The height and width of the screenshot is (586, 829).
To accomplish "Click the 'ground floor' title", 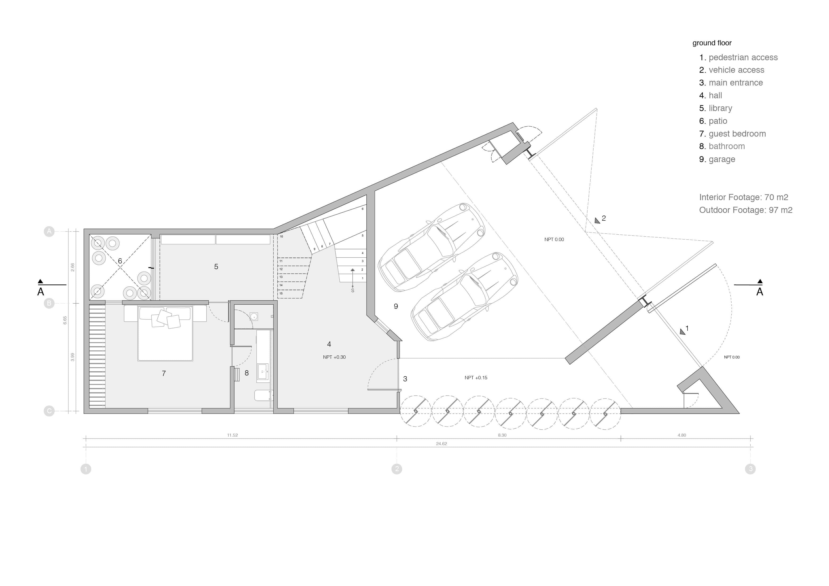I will [x=712, y=43].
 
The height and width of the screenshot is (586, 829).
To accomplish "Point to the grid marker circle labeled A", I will [x=49, y=231].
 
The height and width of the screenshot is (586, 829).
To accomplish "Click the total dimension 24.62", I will [x=441, y=444].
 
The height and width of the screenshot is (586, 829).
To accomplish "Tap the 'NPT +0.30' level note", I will [x=334, y=357].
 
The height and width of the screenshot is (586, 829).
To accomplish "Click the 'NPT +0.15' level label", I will [x=476, y=378].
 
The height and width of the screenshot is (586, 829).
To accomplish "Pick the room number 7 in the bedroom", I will [x=164, y=373].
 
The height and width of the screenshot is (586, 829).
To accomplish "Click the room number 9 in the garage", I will [x=396, y=306].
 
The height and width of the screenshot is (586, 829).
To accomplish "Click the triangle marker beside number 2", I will [x=597, y=220].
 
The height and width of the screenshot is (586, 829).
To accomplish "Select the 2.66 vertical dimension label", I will [x=73, y=267].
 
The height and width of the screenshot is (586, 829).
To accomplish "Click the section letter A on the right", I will [x=760, y=292].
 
